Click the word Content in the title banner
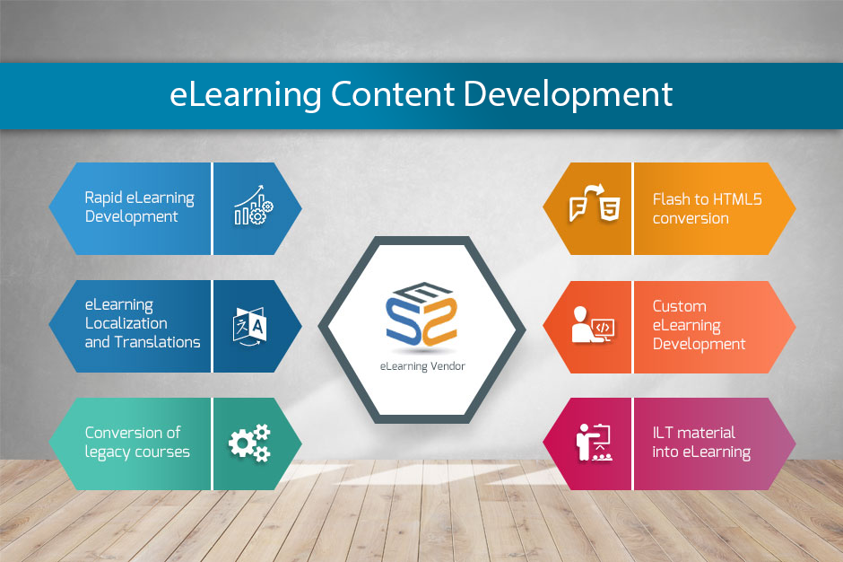point(393,93)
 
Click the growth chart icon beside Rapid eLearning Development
point(253,206)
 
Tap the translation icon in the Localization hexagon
point(249,326)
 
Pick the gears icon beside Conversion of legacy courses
point(249,443)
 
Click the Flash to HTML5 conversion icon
point(595,204)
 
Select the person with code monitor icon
point(593,325)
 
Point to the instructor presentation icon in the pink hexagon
point(594,443)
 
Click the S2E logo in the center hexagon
point(421,314)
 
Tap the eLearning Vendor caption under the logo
point(422,366)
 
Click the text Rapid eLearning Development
point(139,207)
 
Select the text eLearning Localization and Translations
point(143,323)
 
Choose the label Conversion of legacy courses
point(137,443)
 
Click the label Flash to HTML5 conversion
point(707,209)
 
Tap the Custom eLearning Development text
point(699,325)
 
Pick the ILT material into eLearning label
point(701,443)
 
